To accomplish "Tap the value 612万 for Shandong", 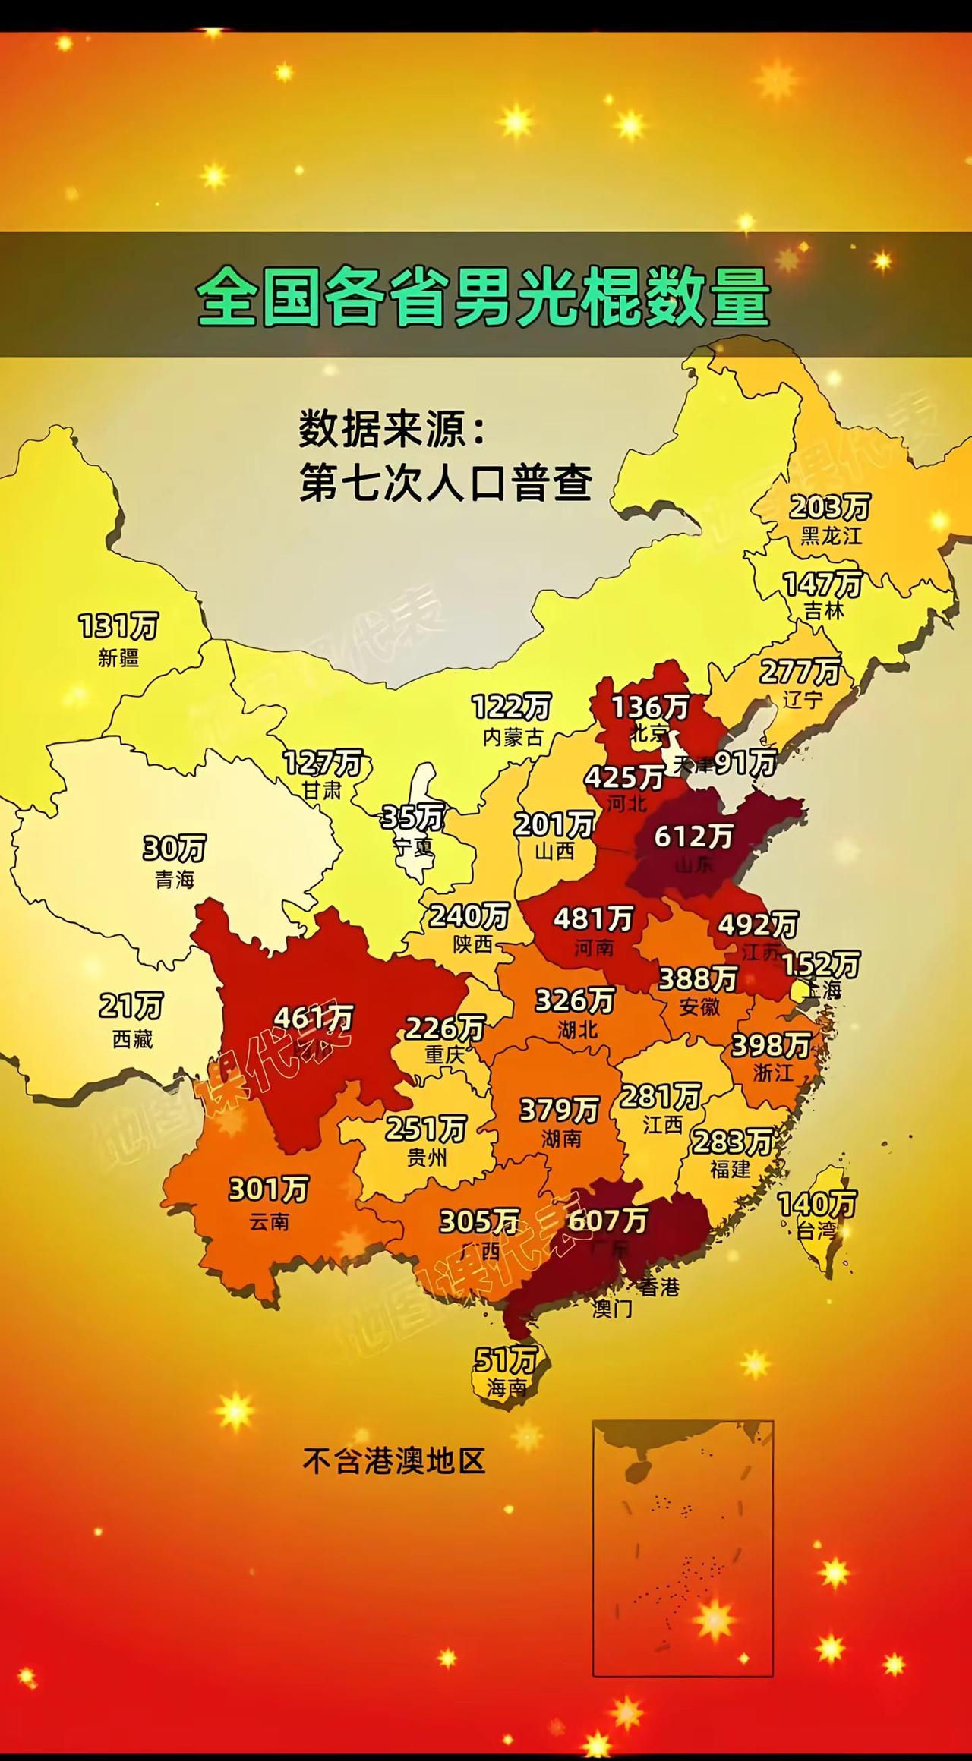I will point(693,836).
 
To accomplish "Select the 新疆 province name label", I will point(118,658).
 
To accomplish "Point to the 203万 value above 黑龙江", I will point(829,506).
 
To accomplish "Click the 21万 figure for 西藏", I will point(131,1007).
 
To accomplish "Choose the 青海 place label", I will point(175,879).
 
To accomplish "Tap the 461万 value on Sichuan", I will point(314,1017).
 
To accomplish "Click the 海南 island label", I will point(507,1387).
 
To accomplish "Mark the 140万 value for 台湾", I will point(816,1203).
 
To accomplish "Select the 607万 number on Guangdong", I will point(607,1220).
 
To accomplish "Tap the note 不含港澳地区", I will point(393,1460).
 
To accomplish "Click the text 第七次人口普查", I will point(445,483).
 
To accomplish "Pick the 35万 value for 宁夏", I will point(412,817).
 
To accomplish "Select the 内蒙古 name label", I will point(513,737).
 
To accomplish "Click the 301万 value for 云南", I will point(268,1189).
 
